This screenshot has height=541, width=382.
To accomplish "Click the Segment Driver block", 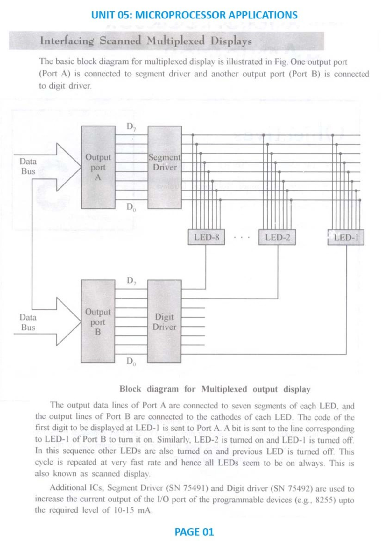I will tap(165, 167).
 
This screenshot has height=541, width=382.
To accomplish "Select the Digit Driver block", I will tap(164, 321).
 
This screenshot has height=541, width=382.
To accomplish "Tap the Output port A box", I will tap(98, 167).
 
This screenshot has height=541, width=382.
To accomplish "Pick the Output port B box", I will tap(98, 321).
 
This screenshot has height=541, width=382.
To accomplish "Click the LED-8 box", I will tap(206, 237).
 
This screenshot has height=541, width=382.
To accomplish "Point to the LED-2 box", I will tap(277, 237).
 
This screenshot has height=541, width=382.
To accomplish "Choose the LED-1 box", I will tap(346, 237).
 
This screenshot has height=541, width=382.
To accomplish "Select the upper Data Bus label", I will tap(28, 166).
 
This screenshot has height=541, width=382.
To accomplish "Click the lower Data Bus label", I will tap(28, 322).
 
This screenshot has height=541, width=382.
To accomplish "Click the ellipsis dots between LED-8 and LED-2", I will tap(242, 237).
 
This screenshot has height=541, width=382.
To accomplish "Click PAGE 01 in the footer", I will tap(194, 531).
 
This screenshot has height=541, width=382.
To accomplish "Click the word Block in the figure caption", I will tap(130, 389).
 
